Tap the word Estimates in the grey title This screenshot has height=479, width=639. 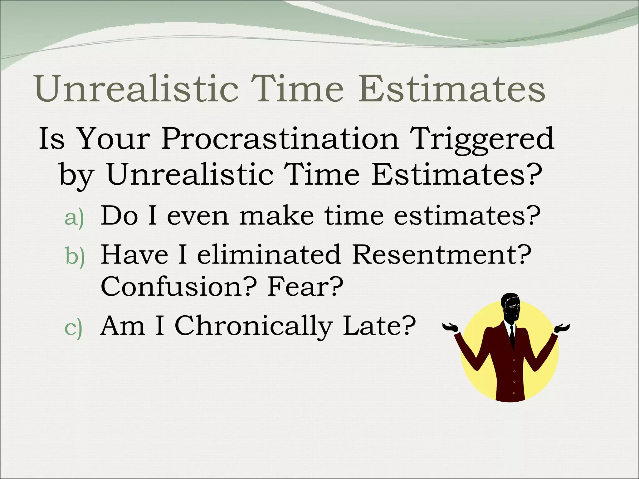[x=452, y=89]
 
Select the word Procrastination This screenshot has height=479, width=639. [x=280, y=139]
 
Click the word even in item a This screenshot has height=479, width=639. [x=198, y=216]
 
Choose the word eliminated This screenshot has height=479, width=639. [x=269, y=254]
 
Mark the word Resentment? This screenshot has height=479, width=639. [x=441, y=254]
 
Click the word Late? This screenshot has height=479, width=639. [x=379, y=326]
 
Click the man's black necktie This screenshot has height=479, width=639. [x=512, y=335]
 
